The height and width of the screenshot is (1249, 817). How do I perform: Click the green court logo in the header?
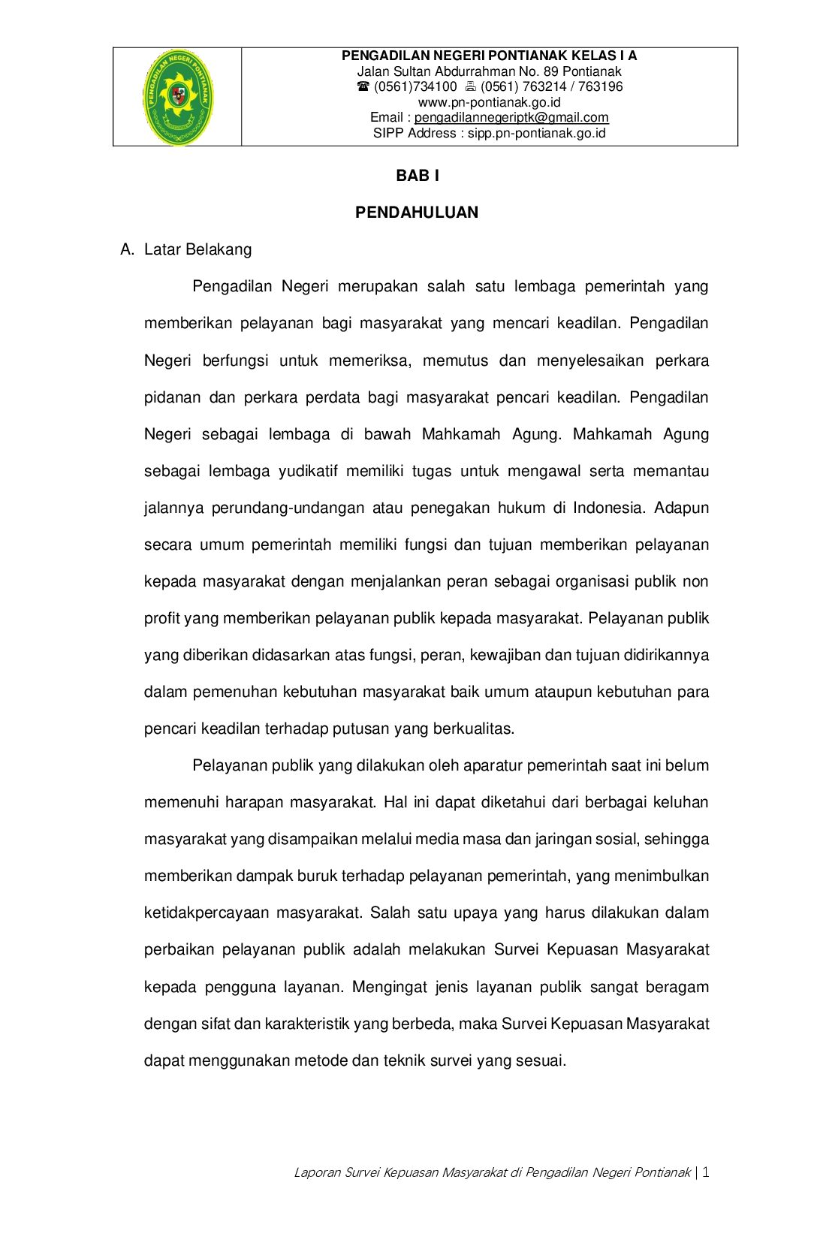click(x=178, y=97)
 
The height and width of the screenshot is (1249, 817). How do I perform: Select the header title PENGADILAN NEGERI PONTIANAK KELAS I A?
click(x=489, y=56)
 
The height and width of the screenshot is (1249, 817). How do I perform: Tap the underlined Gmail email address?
click(x=511, y=117)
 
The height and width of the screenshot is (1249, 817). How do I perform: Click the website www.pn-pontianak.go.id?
click(x=489, y=102)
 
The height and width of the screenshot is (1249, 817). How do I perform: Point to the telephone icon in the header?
click(x=363, y=87)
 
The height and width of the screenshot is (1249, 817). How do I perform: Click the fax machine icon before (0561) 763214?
click(x=471, y=87)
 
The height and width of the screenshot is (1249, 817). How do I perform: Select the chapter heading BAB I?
click(x=418, y=176)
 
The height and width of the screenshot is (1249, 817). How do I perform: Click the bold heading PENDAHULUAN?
click(x=417, y=213)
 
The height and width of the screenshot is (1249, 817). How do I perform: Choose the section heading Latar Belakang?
click(x=197, y=249)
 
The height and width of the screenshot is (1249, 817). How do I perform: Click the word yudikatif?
click(x=308, y=471)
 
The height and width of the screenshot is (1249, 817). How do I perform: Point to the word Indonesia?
click(x=608, y=508)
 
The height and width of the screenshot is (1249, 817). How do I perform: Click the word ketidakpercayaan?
click(x=207, y=913)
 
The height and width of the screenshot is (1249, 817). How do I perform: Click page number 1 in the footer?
click(x=706, y=1172)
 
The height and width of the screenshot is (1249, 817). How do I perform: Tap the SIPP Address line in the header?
click(x=489, y=133)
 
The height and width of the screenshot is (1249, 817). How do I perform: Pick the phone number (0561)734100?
click(x=415, y=87)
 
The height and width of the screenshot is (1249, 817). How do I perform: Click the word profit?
click(x=161, y=618)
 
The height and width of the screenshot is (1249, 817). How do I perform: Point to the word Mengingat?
click(x=390, y=987)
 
